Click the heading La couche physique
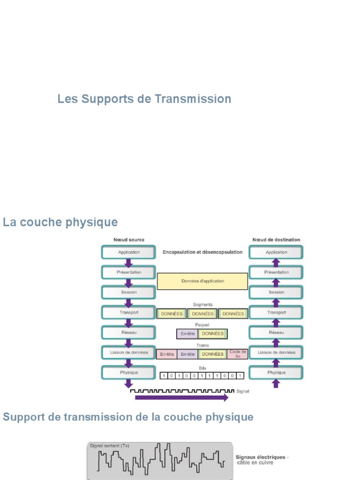tap(60, 222)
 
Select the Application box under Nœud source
tap(128, 252)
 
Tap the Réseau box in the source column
tap(128, 332)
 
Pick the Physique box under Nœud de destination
tap(276, 373)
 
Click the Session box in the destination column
tap(276, 292)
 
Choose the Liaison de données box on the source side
tap(128, 352)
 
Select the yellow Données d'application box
tap(202, 281)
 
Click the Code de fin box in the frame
tap(238, 354)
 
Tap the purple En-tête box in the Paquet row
tap(187, 334)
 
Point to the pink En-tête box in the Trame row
tap(167, 354)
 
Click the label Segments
tap(202, 304)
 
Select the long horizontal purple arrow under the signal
tap(181, 397)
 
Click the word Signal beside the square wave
tap(243, 391)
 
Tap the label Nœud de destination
tap(276, 240)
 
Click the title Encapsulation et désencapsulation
tap(202, 252)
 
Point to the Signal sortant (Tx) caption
tap(109, 446)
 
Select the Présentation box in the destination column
tap(276, 272)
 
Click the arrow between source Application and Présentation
tap(128, 262)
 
